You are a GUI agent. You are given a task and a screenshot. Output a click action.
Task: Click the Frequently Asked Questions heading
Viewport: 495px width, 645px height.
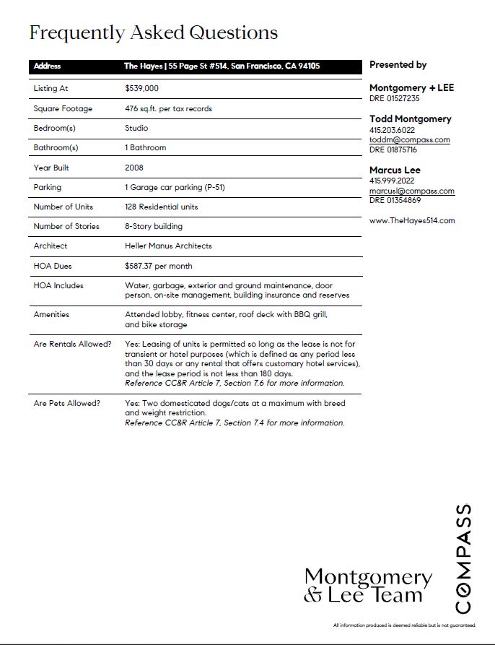[153, 33]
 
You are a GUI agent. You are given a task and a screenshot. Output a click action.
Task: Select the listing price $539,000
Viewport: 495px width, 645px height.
[141, 89]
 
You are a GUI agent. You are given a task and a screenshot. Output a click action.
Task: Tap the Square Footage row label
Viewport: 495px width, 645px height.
[63, 108]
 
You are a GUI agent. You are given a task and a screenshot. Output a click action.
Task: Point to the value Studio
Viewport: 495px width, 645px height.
[136, 128]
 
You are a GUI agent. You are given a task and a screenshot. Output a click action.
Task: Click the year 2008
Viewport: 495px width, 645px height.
[134, 168]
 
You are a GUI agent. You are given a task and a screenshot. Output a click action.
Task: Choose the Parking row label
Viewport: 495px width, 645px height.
[48, 187]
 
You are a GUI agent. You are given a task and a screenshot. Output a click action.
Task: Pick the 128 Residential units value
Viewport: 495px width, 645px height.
[161, 207]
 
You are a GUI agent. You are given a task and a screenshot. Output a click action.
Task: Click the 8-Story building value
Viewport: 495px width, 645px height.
[154, 226]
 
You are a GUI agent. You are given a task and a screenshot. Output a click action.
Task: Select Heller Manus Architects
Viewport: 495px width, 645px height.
[168, 246]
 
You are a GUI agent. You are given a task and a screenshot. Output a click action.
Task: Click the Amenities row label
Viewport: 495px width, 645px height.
[53, 315]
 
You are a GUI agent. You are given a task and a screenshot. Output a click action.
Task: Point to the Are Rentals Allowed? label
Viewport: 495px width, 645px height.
[72, 344]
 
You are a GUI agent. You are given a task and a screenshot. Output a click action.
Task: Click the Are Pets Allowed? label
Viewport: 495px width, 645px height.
[66, 403]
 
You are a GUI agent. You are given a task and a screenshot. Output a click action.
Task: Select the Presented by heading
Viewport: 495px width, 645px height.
[398, 65]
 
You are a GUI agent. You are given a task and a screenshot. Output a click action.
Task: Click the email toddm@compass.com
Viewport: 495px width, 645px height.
[409, 140]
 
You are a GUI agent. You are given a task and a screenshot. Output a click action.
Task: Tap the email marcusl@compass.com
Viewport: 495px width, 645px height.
[411, 191]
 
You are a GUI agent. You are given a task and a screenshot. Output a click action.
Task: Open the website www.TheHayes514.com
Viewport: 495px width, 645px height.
[412, 220]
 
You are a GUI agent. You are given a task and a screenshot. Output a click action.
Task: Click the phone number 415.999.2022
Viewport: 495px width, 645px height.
[392, 181]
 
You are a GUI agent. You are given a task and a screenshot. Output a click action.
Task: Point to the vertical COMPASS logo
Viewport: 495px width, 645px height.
[463, 558]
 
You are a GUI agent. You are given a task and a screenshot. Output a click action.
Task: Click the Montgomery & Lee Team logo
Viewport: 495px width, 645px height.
[367, 586]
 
